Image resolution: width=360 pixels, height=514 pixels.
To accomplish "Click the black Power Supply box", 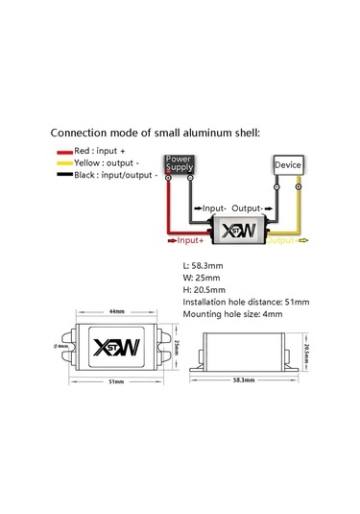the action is [180, 163].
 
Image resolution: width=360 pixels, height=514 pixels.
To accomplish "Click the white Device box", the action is [288, 165].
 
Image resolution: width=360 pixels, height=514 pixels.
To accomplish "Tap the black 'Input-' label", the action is [212, 208].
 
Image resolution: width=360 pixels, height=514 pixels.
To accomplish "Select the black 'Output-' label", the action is [248, 208].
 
